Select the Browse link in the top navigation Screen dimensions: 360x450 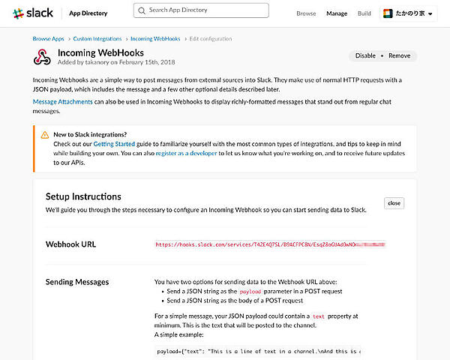click(306, 13)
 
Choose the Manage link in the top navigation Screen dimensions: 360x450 click(337, 13)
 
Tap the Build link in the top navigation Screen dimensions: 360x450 click(364, 13)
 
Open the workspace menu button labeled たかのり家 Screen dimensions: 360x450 click(408, 13)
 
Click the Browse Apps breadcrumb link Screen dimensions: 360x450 click(48, 39)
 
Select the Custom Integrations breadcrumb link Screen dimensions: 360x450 click(97, 39)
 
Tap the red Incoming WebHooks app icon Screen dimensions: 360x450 click(42, 58)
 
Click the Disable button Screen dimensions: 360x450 click(365, 55)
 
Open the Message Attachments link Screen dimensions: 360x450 click(63, 100)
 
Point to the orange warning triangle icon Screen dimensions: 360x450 click(45, 134)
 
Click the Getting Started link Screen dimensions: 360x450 click(114, 143)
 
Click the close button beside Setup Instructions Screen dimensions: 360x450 click(394, 203)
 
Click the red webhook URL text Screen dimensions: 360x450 click(270, 244)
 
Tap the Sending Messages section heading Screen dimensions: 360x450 click(78, 282)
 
